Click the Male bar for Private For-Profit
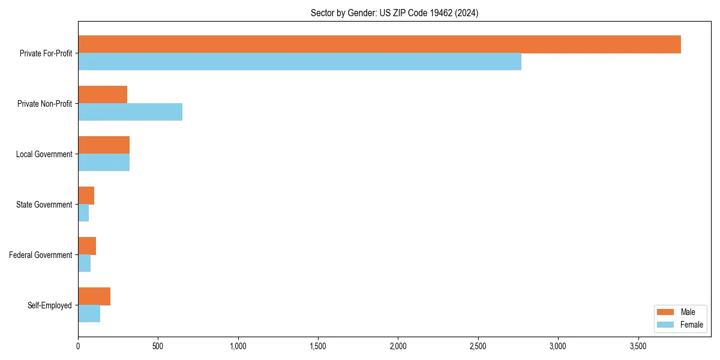click(379, 44)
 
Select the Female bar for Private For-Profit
click(299, 62)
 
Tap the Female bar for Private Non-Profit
click(130, 112)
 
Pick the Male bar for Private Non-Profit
click(103, 95)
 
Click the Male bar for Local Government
click(104, 145)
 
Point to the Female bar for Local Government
click(104, 163)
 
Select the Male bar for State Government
click(86, 196)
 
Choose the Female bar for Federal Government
click(84, 263)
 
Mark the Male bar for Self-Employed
click(94, 296)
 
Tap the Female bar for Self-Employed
click(89, 314)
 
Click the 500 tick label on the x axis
click(158, 346)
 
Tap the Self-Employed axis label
click(50, 305)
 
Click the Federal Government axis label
click(41, 255)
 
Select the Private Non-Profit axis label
click(44, 104)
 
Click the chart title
click(394, 13)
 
